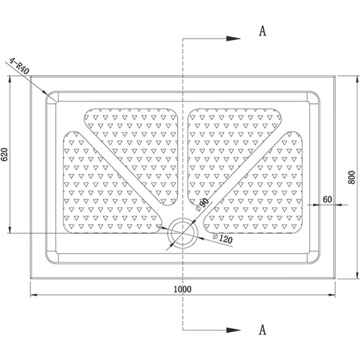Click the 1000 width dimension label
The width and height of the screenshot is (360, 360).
[x=182, y=289]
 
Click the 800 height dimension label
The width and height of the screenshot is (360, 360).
[x=351, y=178]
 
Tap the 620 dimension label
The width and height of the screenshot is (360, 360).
[x=4, y=155]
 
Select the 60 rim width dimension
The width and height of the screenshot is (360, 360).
[x=327, y=199]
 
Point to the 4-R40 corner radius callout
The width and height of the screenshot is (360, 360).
[x=19, y=66]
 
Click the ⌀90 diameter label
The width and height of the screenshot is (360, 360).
[x=202, y=205]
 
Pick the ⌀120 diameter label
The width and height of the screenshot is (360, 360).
[x=222, y=239]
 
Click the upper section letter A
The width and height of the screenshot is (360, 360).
[x=263, y=31]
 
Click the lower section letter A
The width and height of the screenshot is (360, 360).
[x=263, y=330]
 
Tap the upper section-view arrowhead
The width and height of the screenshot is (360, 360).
[x=233, y=38]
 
